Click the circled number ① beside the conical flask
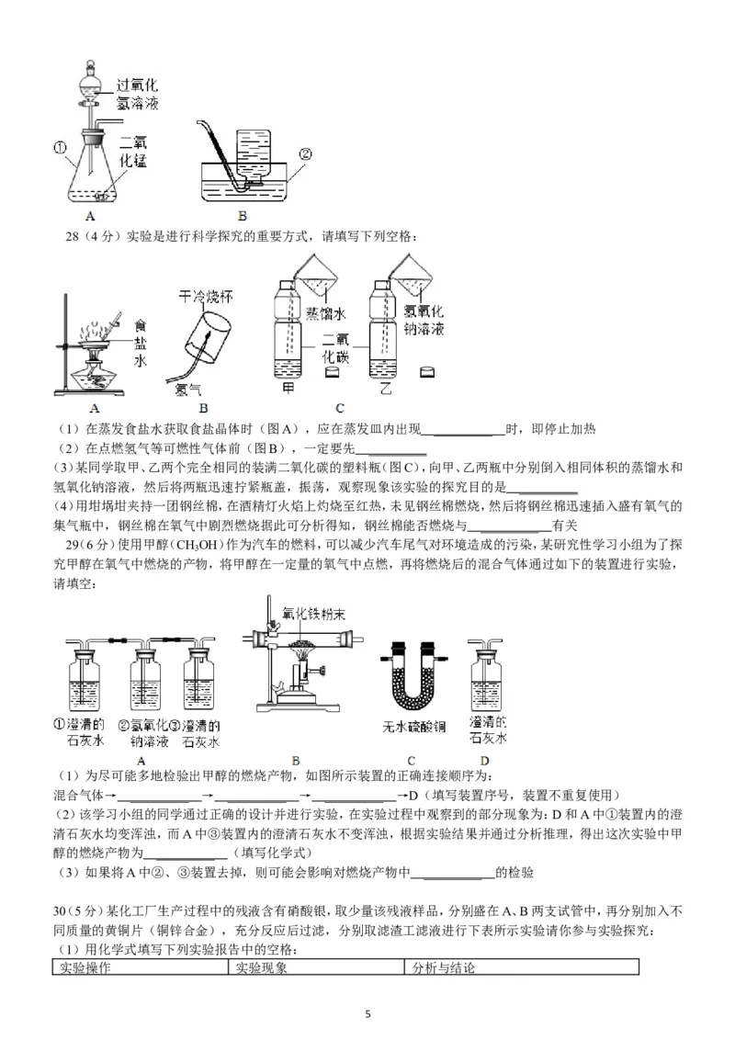[58, 146]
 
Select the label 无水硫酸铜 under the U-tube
[414, 726]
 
